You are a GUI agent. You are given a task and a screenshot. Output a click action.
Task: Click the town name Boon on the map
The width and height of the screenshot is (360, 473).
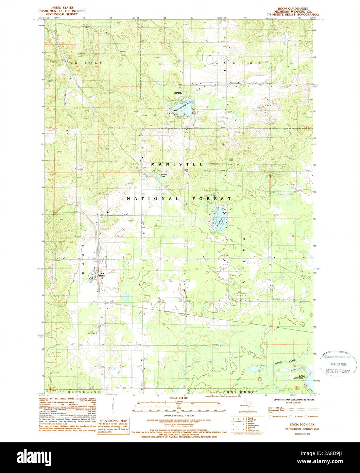pyautogui.click(x=102, y=276)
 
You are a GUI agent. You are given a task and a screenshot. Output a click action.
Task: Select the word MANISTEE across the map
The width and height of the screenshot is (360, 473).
pyautogui.click(x=177, y=164)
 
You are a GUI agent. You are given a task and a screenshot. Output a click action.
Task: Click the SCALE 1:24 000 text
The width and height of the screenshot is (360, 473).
pyautogui.click(x=178, y=397)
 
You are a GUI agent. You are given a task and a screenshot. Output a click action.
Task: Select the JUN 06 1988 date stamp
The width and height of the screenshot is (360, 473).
pyautogui.click(x=338, y=364)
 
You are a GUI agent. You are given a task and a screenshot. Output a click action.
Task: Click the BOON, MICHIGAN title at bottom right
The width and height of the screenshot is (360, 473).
pyautogui.click(x=302, y=425)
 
